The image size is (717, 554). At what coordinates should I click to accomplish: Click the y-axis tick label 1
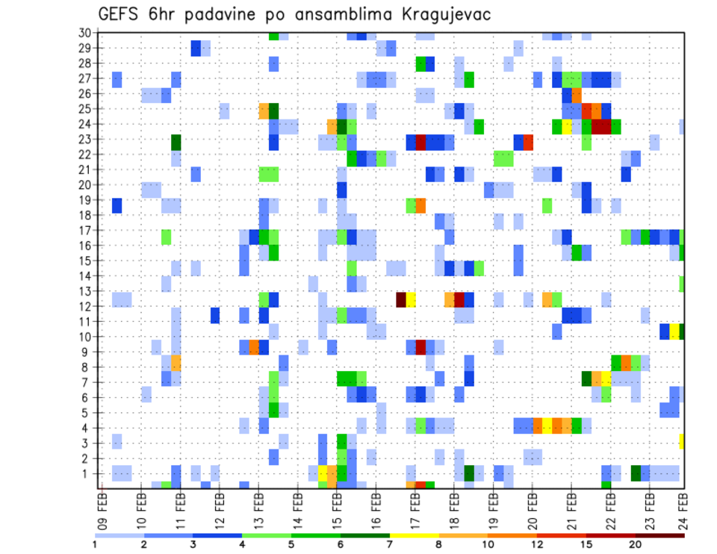[87, 473]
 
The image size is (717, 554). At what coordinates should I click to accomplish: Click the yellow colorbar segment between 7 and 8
[415, 535]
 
